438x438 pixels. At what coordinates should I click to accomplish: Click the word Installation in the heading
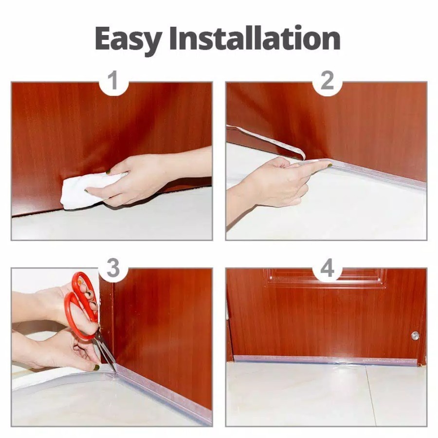coord(255,37)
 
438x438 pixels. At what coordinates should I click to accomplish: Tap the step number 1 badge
coord(113,81)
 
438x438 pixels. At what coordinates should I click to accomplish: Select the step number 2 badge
coord(328,81)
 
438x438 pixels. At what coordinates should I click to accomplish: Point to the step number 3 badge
coord(113,268)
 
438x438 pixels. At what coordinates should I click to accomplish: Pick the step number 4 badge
coord(328,268)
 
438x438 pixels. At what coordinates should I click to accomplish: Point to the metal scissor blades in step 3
coord(106,352)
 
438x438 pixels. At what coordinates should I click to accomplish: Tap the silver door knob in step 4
coord(415,336)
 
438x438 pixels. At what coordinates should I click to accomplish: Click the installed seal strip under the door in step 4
coord(326,360)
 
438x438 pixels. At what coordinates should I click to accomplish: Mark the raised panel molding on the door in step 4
coord(326,278)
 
